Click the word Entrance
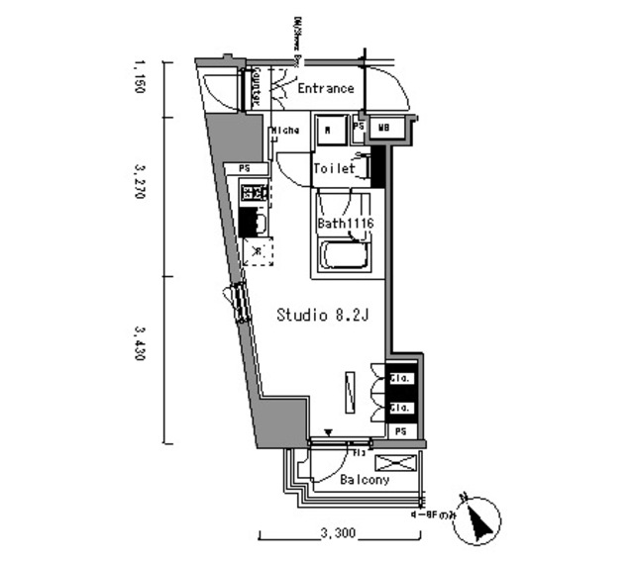tap(325, 89)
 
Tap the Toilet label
tap(334, 169)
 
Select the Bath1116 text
tap(344, 224)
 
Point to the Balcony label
tap(364, 480)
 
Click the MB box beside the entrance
tap(383, 128)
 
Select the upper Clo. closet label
tap(400, 378)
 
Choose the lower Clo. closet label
tap(400, 407)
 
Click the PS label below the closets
tap(401, 432)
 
